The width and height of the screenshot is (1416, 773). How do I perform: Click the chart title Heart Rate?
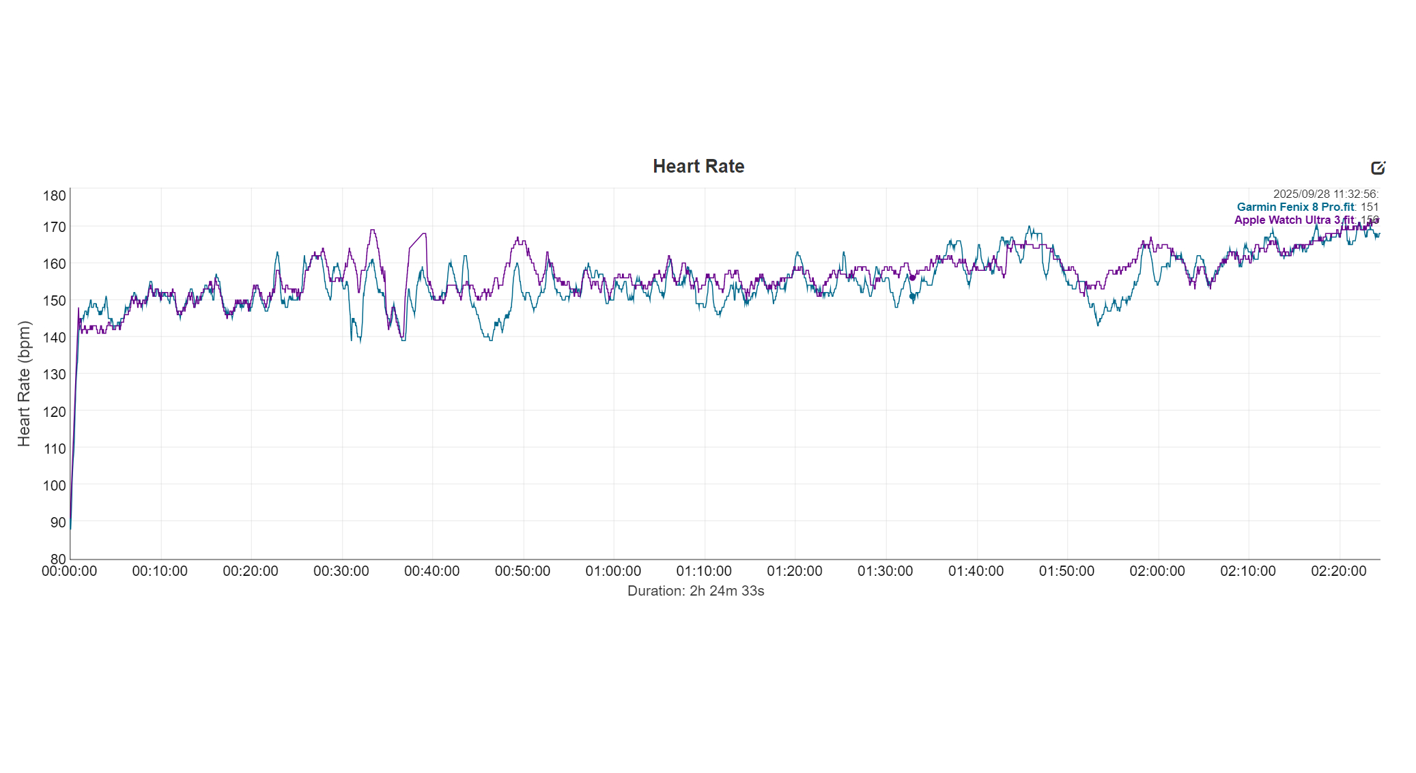coord(698,166)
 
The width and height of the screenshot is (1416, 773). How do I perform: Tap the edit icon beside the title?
coord(1378,168)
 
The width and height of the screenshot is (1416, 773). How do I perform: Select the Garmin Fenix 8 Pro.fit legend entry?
coord(1295,207)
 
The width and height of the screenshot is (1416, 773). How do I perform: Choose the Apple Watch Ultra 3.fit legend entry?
coord(1294,220)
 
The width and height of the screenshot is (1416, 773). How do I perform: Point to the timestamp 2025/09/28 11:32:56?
coord(1325,194)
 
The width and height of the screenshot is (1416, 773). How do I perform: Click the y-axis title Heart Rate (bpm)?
coord(25,383)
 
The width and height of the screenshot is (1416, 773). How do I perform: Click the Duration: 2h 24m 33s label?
coord(696,591)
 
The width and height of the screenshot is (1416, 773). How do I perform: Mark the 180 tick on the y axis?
coord(55,196)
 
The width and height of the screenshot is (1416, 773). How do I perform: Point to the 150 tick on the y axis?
coord(55,301)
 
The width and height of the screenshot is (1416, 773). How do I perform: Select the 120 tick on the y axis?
coord(55,412)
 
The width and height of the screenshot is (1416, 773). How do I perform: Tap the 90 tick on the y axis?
coord(58,523)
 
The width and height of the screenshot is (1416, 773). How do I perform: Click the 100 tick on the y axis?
coord(55,486)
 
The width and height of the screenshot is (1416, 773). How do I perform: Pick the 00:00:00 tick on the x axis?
coord(69,571)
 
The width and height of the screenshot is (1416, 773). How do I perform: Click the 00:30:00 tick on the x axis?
coord(341,571)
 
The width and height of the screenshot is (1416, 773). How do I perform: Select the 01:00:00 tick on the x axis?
coord(613,571)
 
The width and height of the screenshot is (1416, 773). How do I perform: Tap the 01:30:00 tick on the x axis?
coord(885,571)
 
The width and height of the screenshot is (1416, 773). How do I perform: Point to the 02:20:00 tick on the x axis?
coord(1338,571)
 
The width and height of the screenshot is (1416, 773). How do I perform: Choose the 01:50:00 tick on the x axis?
coord(1066,571)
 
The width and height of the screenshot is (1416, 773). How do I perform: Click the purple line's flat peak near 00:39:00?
coord(423,234)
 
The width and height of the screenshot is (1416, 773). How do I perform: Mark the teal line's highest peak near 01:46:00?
coord(1030,227)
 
